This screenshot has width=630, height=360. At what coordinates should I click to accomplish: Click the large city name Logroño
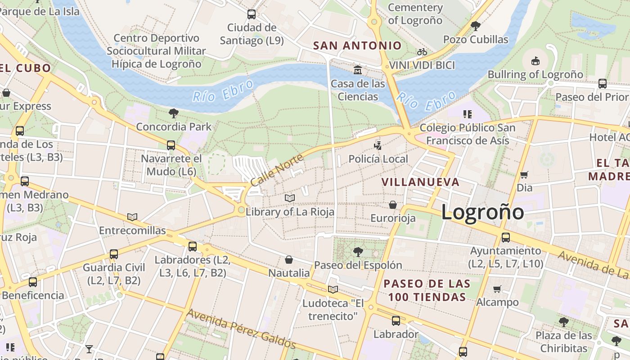tap(482, 212)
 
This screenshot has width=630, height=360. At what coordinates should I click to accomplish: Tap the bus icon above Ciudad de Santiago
tap(252, 14)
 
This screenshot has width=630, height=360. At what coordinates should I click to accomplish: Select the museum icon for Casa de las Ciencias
tap(358, 70)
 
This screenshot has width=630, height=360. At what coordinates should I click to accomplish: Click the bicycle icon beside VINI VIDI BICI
tap(422, 52)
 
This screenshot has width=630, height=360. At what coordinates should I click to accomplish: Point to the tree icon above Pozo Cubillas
tap(475, 26)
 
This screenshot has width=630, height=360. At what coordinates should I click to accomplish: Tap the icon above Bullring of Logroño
tap(535, 61)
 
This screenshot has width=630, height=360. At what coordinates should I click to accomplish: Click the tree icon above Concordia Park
tap(173, 113)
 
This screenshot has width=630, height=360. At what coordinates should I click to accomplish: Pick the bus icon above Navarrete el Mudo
tap(171, 145)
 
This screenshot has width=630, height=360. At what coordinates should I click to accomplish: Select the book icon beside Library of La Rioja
tap(290, 198)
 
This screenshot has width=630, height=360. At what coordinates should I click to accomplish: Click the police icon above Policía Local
tap(378, 145)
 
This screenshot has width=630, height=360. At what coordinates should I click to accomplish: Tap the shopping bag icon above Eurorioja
tap(393, 205)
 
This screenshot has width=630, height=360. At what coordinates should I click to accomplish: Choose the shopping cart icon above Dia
tap(524, 175)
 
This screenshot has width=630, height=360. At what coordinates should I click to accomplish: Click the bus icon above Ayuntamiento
tap(506, 238)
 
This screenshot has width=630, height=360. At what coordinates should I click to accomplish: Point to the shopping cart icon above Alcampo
tap(497, 289)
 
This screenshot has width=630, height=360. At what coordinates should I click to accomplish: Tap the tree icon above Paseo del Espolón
tap(358, 252)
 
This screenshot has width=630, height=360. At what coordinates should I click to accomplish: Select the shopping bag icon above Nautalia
tap(289, 260)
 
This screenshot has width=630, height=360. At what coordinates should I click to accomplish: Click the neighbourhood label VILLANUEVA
tap(420, 182)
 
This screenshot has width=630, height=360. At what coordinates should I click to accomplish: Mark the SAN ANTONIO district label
tap(357, 45)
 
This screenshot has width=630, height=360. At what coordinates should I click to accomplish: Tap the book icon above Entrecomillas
tap(132, 217)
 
